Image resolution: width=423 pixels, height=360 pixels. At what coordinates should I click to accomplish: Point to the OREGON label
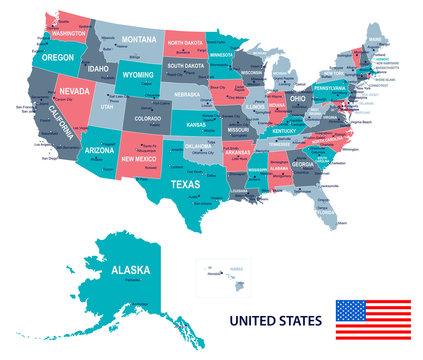point(54,57)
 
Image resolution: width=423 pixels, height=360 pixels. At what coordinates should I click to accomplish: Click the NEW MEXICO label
point(140,158)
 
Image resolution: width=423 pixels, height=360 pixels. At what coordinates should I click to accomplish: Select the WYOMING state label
point(137,74)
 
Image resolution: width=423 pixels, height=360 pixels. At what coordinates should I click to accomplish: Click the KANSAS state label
point(198,125)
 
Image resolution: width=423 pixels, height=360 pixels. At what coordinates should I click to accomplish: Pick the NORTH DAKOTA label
point(186,43)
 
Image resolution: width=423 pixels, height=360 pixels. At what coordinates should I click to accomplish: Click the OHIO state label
point(298,99)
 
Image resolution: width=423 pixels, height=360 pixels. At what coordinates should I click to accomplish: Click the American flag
point(370,319)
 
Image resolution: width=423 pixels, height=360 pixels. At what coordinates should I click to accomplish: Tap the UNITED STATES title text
point(276,321)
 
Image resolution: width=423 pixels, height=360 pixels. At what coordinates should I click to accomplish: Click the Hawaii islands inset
point(222,272)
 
